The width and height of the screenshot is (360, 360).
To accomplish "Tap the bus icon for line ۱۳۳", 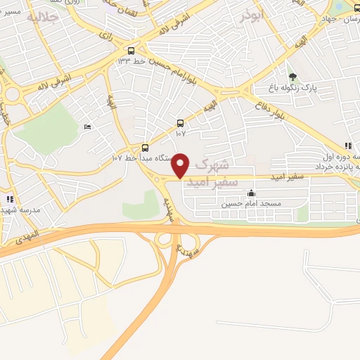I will [x=131, y=51].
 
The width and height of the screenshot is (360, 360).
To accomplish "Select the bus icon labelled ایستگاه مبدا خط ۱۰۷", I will [x=146, y=148].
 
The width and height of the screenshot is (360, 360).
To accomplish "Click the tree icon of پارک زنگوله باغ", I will [x=292, y=77].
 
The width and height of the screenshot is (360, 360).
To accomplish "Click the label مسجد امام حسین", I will [x=251, y=204].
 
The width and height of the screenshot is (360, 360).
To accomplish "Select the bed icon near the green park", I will [x=87, y=127].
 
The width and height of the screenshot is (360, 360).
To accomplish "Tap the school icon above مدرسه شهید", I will [x=10, y=200].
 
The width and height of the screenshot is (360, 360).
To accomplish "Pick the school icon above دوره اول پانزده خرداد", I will [x=348, y=146].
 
